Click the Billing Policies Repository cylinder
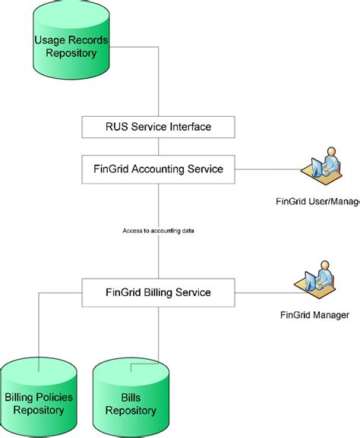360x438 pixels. point(40,399)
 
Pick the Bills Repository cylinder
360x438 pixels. point(131,399)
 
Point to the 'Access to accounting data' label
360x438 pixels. point(158,230)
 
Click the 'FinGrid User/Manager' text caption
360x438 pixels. point(317,202)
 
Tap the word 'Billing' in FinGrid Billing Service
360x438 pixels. point(158,291)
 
